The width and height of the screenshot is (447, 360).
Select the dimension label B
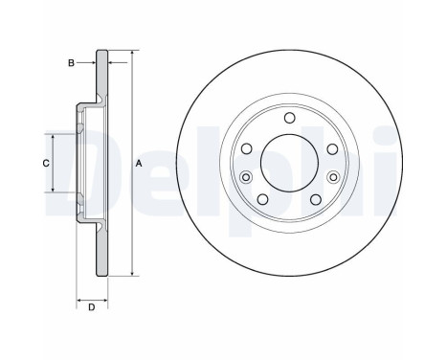70,62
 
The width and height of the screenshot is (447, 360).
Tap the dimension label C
45,164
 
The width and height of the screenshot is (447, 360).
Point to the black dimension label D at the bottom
90,308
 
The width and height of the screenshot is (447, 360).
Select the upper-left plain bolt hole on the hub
247,148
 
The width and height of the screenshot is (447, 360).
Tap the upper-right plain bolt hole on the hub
331,148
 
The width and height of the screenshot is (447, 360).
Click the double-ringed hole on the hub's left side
247,177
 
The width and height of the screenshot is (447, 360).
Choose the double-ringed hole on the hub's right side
331,177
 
